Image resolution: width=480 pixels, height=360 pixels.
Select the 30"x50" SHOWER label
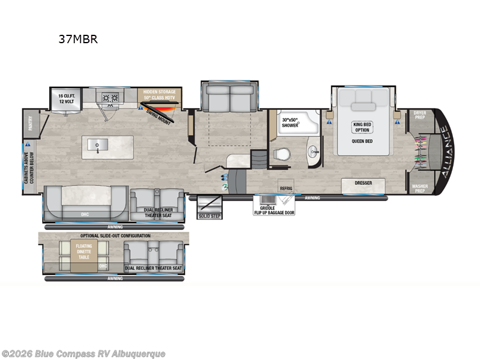point(291,122)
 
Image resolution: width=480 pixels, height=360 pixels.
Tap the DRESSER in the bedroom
point(363,184)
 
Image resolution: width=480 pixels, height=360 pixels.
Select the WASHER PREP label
point(420,188)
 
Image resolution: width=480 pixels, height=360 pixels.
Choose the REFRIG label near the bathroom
point(286,187)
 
